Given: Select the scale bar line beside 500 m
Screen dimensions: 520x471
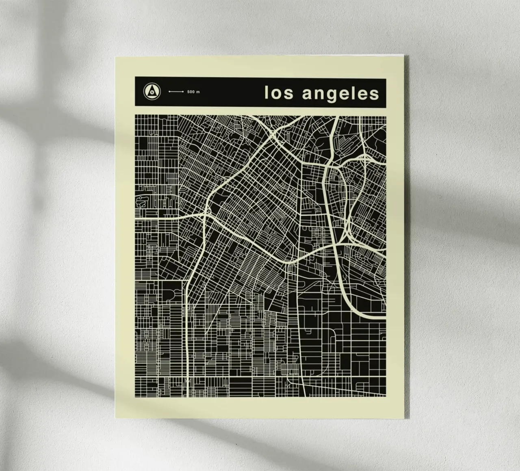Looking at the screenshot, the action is (x=176, y=92).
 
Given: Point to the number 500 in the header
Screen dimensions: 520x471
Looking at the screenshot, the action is (x=191, y=92).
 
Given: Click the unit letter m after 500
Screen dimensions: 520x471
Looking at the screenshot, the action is (x=198, y=92).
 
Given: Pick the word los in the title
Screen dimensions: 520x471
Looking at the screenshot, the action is (x=279, y=93).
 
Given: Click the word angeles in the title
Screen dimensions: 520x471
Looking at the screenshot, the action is (x=340, y=93).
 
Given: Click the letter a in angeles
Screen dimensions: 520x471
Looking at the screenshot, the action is (x=308, y=94).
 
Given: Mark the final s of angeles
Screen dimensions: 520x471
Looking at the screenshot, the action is (x=374, y=94).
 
